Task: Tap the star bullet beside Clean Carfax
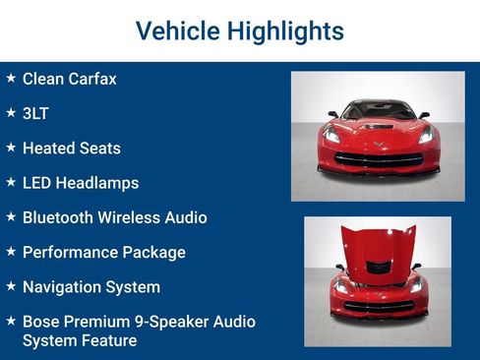click(10, 78)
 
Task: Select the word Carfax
click(91, 79)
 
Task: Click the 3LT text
click(35, 113)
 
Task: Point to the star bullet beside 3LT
click(10, 112)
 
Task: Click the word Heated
click(49, 149)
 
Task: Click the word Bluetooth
click(59, 217)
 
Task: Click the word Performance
click(69, 253)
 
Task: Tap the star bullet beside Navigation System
click(10, 286)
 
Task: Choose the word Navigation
click(65, 287)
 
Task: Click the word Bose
click(42, 322)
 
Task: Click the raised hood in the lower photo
click(378, 246)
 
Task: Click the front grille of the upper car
click(378, 157)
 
